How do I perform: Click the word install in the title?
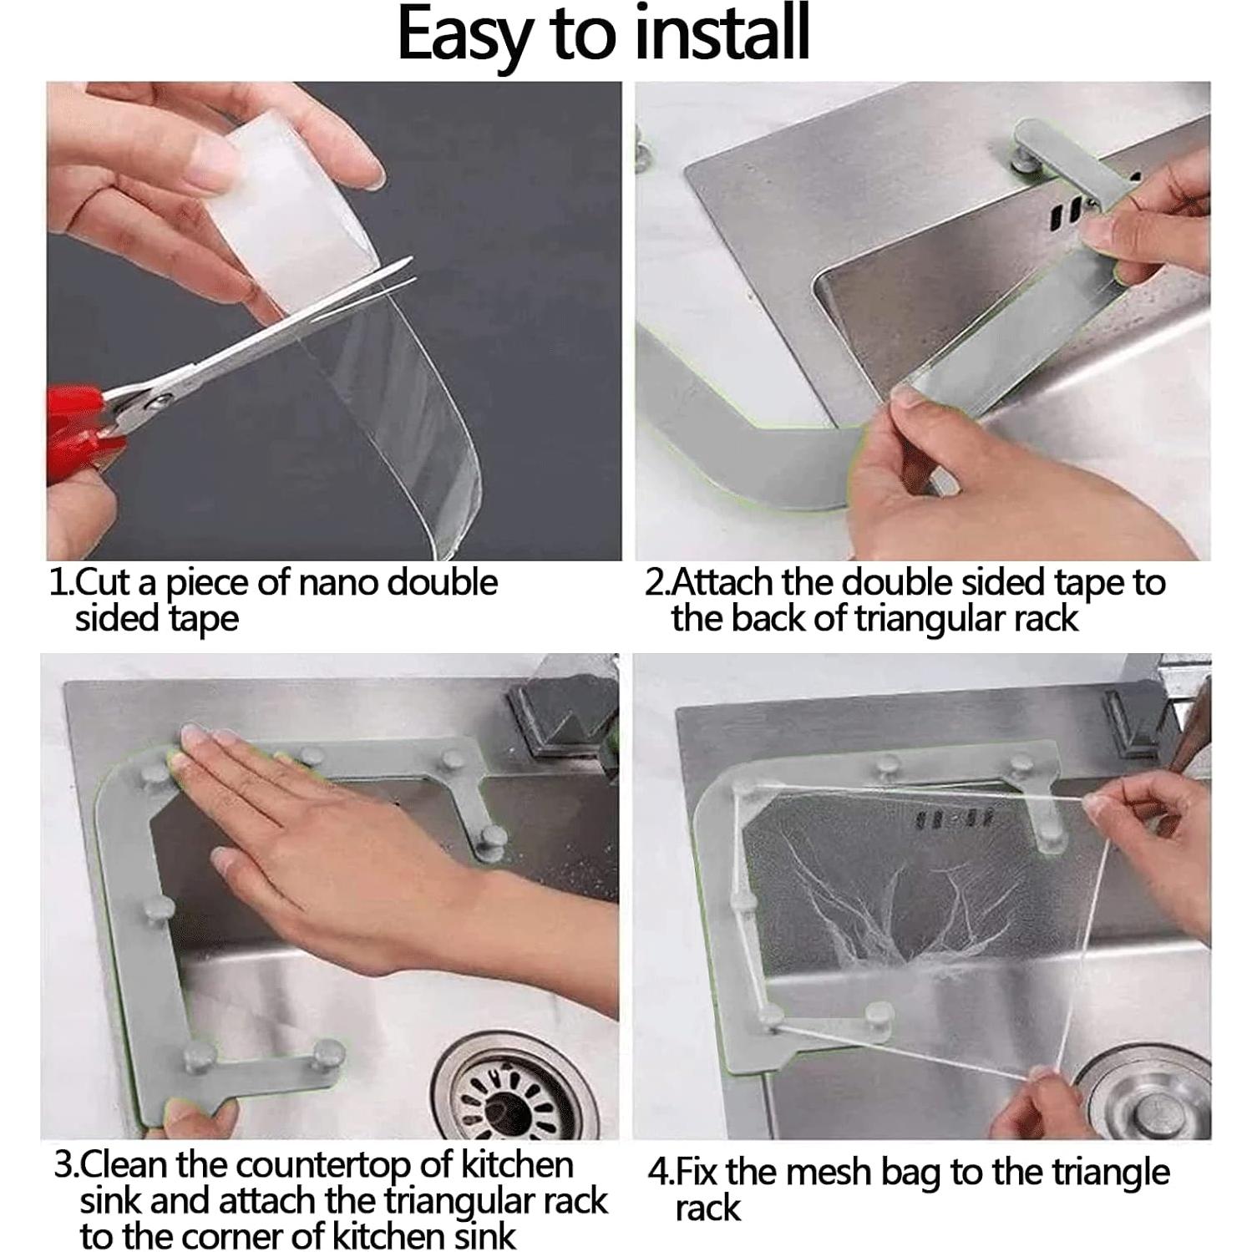pos(714,35)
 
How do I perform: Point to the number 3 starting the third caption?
pos(63,1164)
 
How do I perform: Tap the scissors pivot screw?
pos(154,403)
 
